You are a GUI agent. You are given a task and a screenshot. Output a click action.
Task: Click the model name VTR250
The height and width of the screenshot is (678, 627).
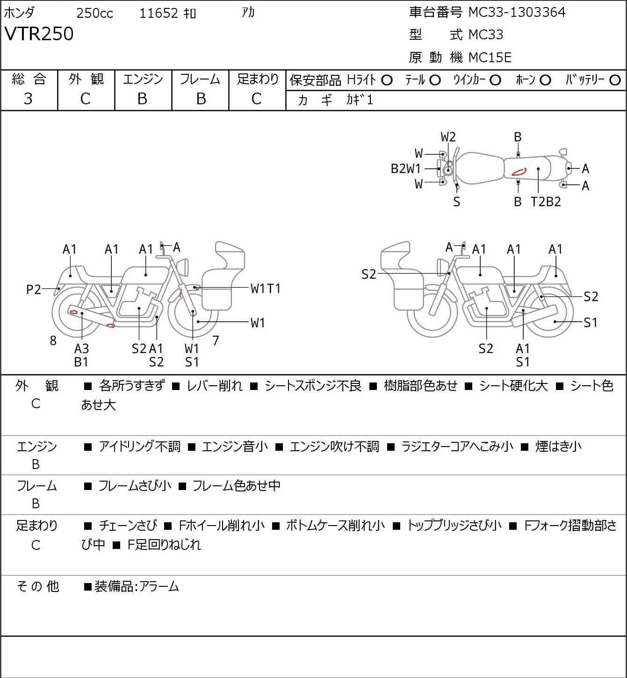39,34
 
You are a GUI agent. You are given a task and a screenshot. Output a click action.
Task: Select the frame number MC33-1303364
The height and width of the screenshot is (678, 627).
517,12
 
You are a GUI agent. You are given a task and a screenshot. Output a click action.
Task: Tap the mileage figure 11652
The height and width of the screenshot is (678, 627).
159,13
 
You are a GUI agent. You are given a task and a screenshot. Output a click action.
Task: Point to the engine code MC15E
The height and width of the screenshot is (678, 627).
490,58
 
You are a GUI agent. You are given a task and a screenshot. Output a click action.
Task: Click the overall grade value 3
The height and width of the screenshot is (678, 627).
28,99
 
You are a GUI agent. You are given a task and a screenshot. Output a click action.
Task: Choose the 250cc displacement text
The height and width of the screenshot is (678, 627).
94,13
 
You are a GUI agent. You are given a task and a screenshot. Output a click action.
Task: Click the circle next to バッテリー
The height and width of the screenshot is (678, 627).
615,80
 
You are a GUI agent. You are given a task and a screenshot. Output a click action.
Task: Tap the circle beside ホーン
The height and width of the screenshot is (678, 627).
545,80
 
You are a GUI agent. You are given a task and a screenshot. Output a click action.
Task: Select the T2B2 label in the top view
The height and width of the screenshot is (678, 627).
546,202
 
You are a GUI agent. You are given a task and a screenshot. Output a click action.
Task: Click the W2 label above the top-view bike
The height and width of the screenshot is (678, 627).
448,137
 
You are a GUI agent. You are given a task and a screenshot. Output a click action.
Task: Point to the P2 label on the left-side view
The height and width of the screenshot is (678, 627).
34,290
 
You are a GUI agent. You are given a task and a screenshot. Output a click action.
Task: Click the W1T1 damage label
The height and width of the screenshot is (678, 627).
265,289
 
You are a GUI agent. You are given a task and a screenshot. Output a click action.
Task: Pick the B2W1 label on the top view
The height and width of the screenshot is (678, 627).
406,169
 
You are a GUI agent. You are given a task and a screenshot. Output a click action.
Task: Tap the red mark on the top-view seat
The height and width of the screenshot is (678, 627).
519,172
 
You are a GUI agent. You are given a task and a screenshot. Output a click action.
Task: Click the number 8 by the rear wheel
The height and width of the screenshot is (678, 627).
53,341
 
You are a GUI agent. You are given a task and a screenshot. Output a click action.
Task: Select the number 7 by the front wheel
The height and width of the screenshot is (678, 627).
216,340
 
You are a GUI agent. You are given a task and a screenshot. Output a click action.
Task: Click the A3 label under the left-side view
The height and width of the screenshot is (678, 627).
81,348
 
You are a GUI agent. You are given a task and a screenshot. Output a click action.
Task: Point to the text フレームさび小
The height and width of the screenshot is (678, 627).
135,486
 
